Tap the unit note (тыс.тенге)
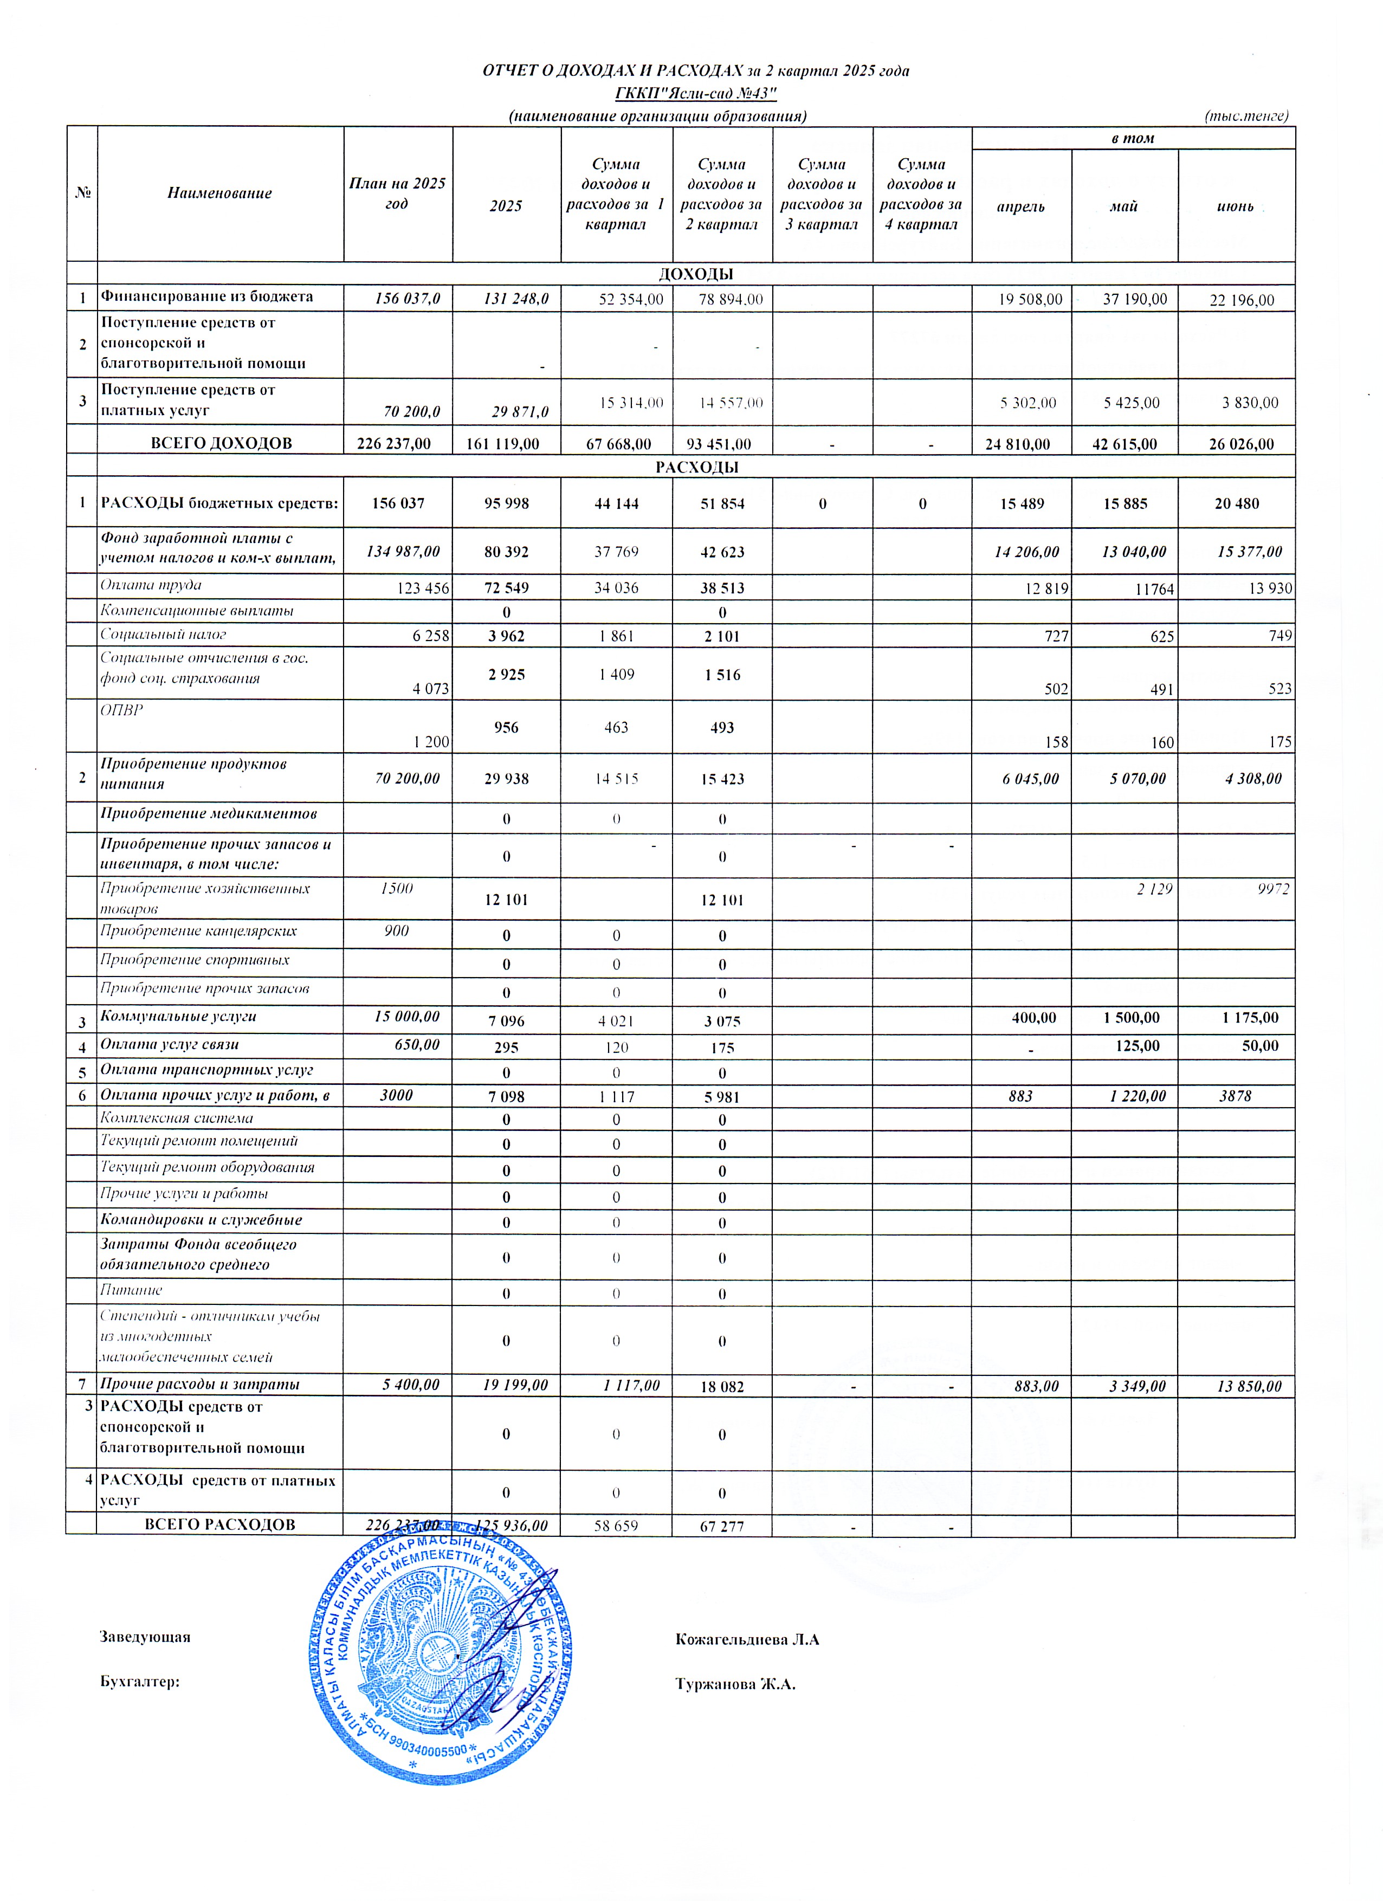1245,115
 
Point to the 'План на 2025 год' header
397,193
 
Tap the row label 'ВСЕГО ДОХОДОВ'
221,443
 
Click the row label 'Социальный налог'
163,635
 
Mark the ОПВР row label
121,710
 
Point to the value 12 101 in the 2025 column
506,900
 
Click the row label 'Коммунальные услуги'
178,1016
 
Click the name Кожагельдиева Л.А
747,1639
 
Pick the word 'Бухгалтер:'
139,1682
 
